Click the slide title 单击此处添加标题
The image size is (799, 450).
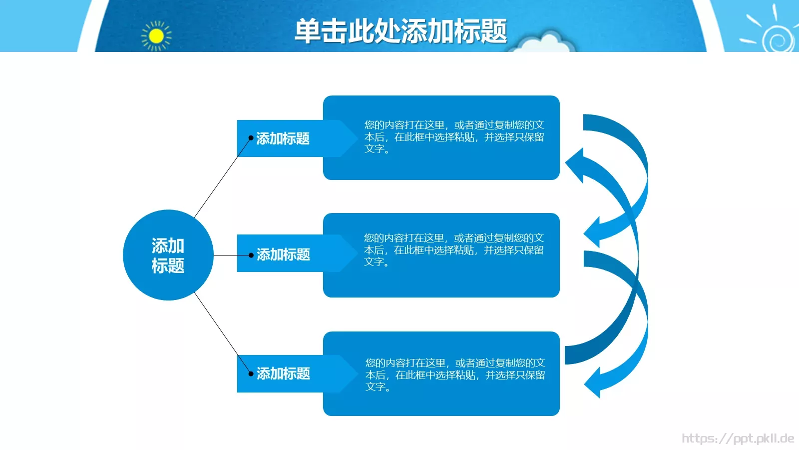click(x=400, y=31)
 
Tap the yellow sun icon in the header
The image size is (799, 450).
click(x=156, y=36)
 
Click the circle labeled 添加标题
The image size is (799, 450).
click(x=168, y=255)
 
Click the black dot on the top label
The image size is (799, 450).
click(x=251, y=138)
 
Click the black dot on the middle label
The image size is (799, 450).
click(x=251, y=255)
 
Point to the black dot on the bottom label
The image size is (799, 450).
click(x=251, y=373)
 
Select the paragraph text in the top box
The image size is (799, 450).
click(x=453, y=136)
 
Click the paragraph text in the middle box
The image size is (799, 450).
click(x=453, y=249)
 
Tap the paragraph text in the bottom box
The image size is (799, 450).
click(x=454, y=374)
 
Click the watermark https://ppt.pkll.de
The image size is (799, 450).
click(x=738, y=438)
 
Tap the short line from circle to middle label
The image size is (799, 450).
click(x=231, y=255)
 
